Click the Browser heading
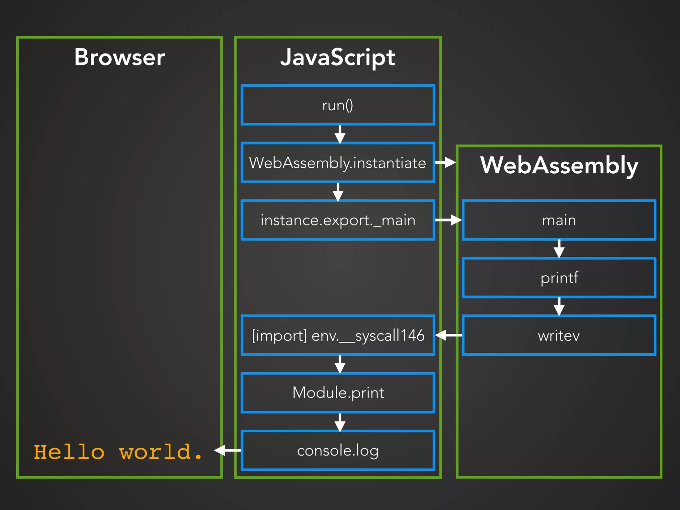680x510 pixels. click(x=120, y=57)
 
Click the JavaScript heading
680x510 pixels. click(x=338, y=57)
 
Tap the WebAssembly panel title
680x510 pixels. click(x=559, y=165)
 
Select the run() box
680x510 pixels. click(x=338, y=105)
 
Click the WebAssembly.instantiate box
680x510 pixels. click(x=338, y=163)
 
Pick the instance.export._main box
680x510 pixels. click(x=338, y=220)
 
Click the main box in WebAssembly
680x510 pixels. click(x=559, y=220)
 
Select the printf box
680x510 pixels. click(x=559, y=278)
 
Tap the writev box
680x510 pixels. click(x=559, y=335)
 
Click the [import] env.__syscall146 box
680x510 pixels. click(x=338, y=335)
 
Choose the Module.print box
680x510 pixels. click(x=338, y=393)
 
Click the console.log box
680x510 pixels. click(x=338, y=451)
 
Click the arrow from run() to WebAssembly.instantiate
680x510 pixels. click(x=340, y=134)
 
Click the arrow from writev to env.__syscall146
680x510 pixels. click(x=448, y=335)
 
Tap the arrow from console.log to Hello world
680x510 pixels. click(x=228, y=450)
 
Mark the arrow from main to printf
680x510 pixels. click(x=559, y=249)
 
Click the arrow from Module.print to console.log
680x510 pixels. click(x=340, y=422)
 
